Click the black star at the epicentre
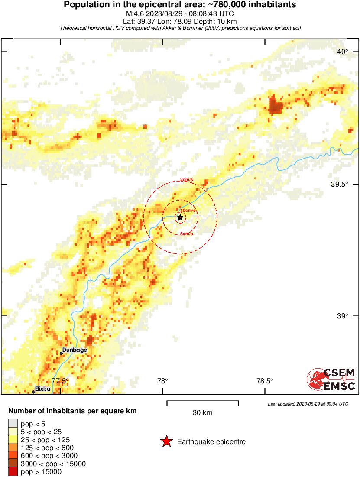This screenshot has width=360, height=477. pos(180,217)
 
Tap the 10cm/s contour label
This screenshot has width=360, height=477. pos(188,211)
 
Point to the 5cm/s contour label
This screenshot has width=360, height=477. pos(186,234)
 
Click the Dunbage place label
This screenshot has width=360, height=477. pos(75,350)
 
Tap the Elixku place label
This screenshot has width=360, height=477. pos(42,389)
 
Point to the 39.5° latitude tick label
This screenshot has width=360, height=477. pos(339,184)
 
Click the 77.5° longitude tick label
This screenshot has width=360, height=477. pos(60,381)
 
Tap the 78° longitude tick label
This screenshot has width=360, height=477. pos(162,381)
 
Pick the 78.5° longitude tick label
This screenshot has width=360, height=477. pos(265,381)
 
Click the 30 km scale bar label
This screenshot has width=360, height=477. pos(202,413)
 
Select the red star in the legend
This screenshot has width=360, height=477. pos(166,442)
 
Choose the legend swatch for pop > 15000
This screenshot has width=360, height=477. pos(13,472)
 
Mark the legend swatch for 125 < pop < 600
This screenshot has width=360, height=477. pos(13,448)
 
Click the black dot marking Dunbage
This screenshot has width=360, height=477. pos(61,353)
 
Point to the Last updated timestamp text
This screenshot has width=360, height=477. pos(308,404)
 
